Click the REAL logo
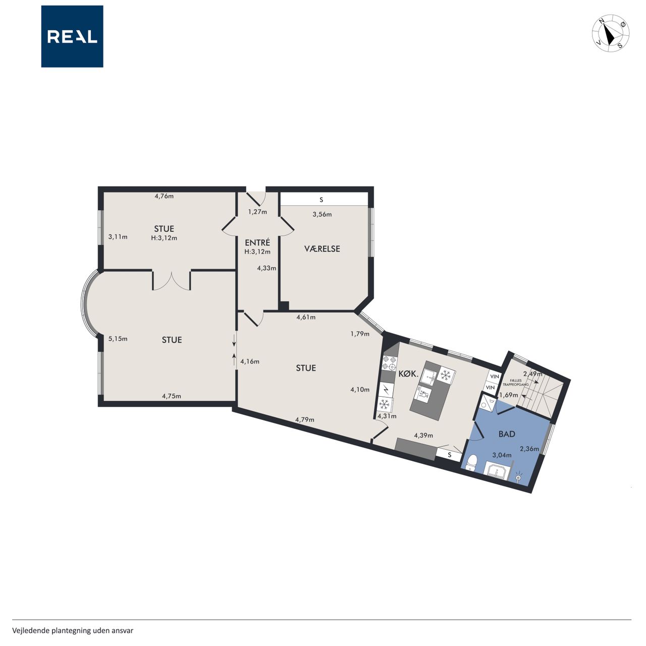[72, 36]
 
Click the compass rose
[611, 33]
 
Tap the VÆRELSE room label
[322, 249]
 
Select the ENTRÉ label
[257, 242]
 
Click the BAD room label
[507, 434]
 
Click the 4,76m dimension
[164, 196]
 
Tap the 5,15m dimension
[118, 339]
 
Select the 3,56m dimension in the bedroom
[322, 214]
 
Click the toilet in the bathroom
[472, 462]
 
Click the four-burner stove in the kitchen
[390, 363]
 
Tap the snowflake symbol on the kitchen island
[445, 375]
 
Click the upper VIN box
[495, 376]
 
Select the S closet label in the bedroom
[321, 200]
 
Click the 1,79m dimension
[360, 334]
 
